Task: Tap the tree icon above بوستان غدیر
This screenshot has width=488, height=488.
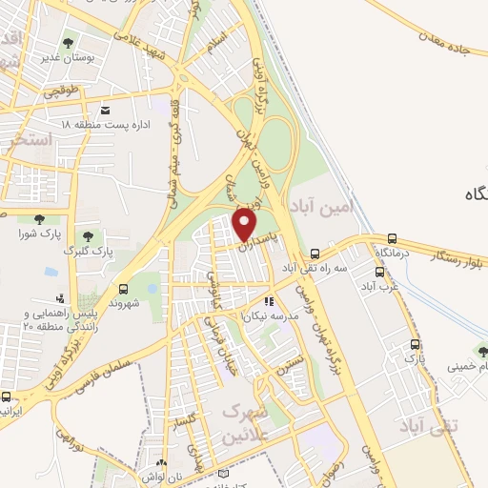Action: (68, 43)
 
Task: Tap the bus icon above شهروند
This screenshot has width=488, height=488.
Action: (124, 289)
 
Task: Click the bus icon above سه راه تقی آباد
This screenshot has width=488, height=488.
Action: (315, 254)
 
